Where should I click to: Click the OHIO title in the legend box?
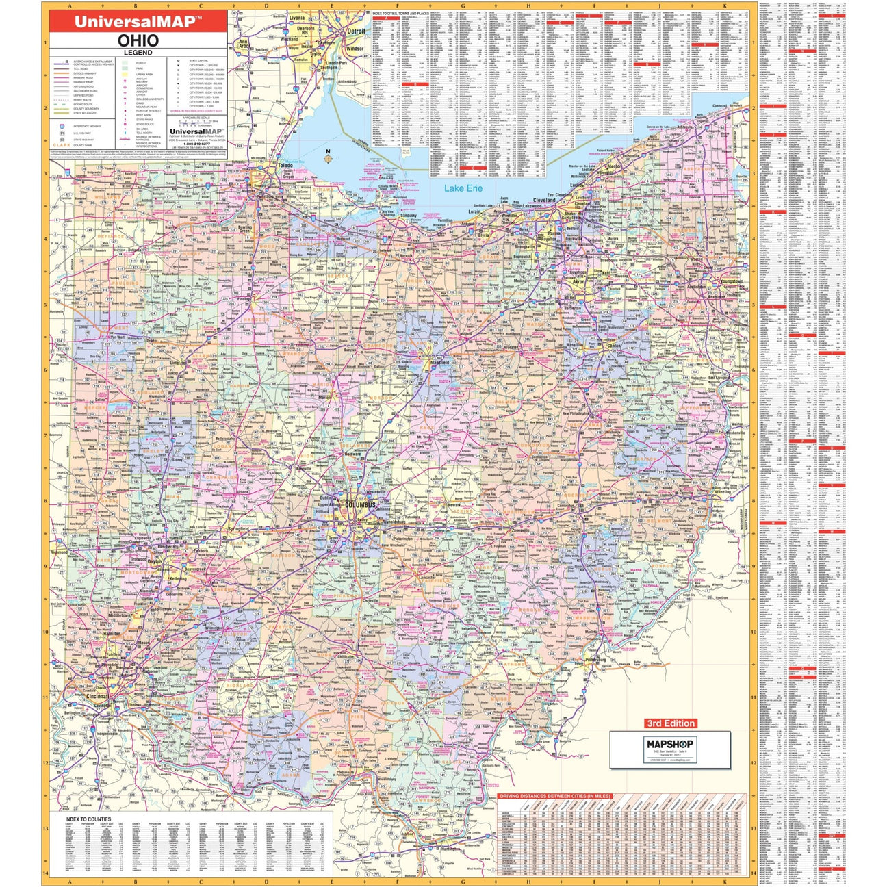click(138, 40)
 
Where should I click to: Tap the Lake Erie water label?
click(463, 188)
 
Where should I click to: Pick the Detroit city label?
click(356, 31)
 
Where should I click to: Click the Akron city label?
click(579, 281)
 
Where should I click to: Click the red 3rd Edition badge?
click(671, 723)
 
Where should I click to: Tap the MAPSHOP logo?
click(669, 745)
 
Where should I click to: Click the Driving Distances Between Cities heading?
click(554, 796)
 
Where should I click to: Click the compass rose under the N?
click(328, 160)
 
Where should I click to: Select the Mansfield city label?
click(439, 362)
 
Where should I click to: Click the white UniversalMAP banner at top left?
click(138, 21)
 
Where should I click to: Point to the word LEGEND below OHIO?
click(138, 53)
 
